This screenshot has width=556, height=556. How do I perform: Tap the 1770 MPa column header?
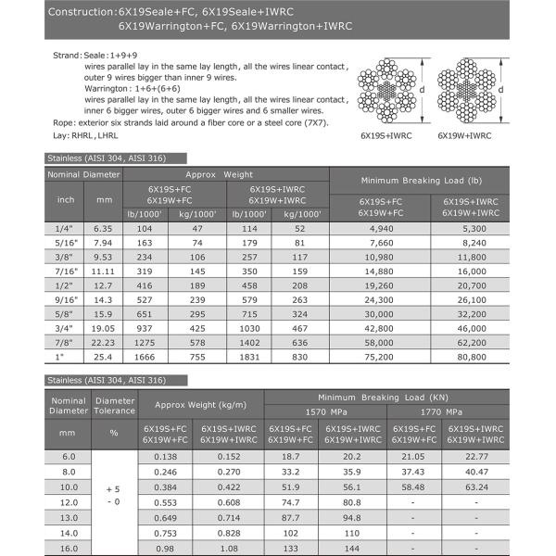pos(446,411)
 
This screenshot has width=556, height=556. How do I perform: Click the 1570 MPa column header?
pos(324,411)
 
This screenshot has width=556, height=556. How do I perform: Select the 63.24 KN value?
pos(475,486)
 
